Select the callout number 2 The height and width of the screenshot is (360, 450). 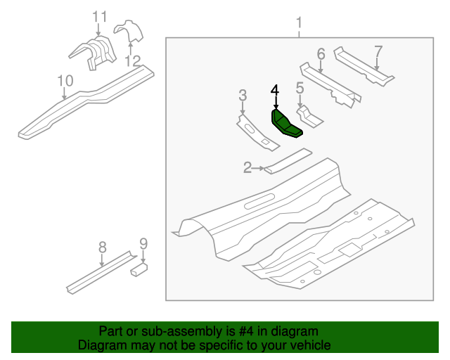[247, 167]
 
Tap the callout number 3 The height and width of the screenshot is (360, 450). [243, 95]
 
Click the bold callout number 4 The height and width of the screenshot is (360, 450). [275, 89]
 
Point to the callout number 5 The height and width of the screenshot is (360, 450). [299, 88]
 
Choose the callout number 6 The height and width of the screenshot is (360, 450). [321, 53]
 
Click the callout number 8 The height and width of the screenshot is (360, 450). [102, 246]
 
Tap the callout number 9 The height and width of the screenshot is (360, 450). [143, 244]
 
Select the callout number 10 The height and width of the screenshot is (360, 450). [64, 81]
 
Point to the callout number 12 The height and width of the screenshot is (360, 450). [132, 60]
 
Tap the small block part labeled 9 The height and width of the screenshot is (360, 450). [139, 268]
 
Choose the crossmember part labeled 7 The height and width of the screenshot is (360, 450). [362, 67]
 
